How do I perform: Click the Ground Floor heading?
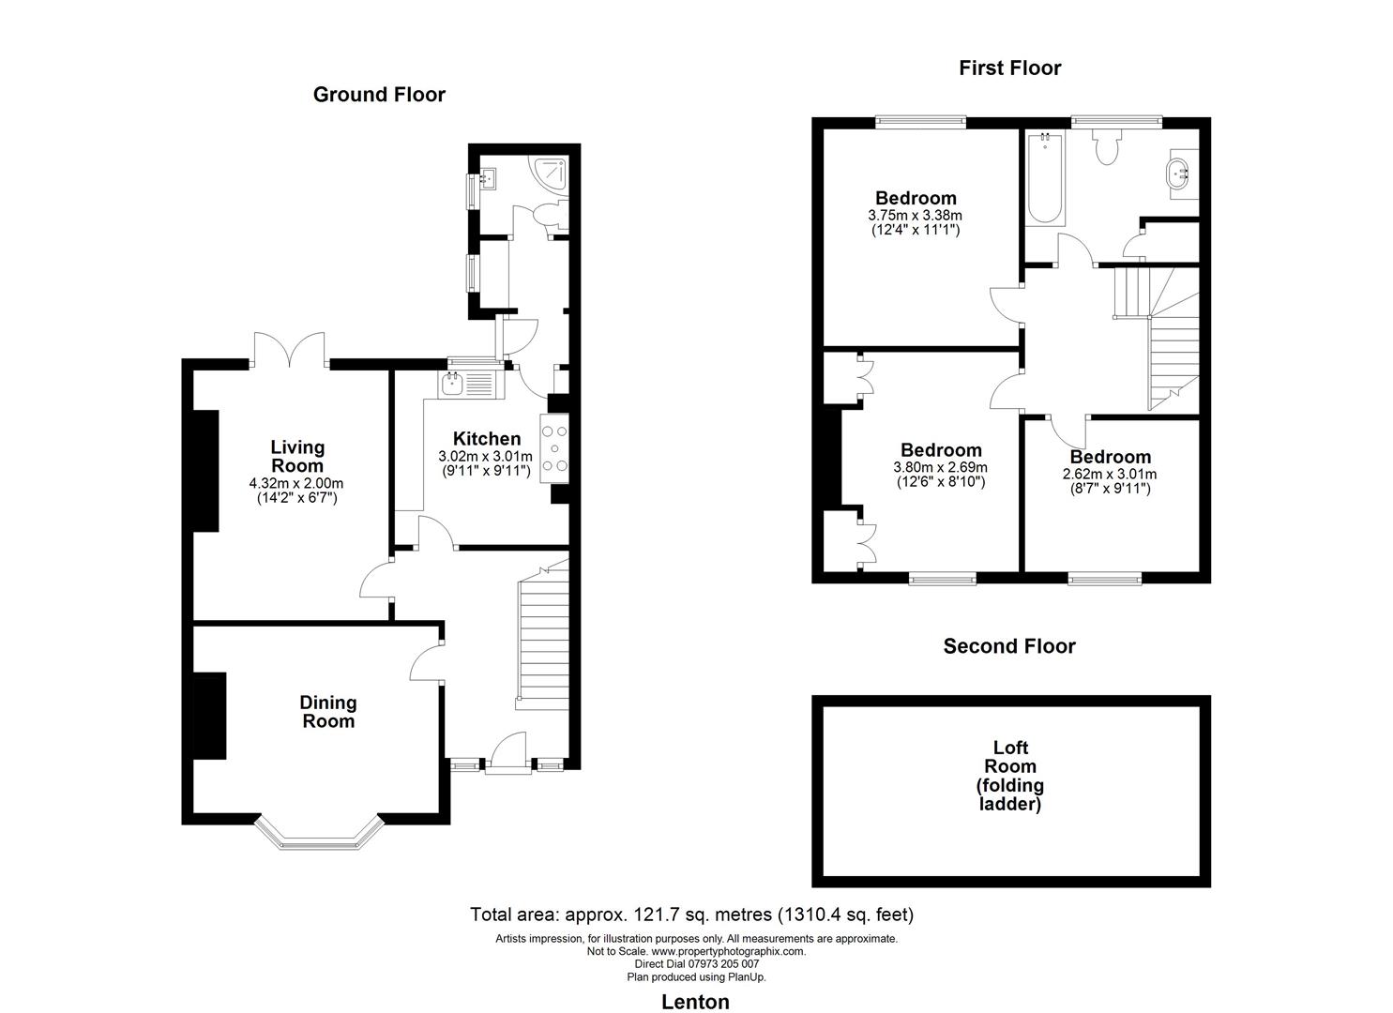point(379,94)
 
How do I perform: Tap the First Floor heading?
point(1009,68)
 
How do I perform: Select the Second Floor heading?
point(1009,646)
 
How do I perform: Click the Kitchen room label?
point(486,439)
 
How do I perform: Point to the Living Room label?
point(297,456)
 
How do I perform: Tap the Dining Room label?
point(328,712)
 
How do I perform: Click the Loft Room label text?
point(1010,776)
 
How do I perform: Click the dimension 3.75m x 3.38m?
point(916,215)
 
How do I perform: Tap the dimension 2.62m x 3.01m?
point(1110,475)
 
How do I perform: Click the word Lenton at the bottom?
point(695,1002)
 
